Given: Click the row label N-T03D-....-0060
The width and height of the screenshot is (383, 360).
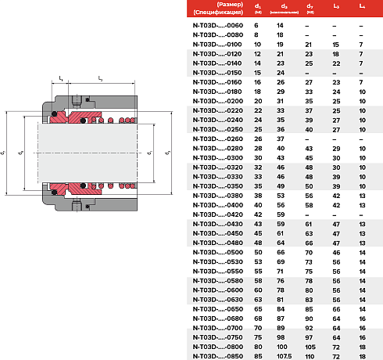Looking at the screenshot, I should pos(217,26).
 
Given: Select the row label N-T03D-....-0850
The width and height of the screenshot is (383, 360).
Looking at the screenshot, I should pos(217,355).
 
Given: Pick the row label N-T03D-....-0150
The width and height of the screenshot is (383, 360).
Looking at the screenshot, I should pos(217,72).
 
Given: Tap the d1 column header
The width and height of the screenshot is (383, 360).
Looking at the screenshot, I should pos(258,8).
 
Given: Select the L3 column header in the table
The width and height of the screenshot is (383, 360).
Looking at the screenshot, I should pos(336,7).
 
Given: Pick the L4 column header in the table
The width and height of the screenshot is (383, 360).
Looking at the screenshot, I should pos(361,7).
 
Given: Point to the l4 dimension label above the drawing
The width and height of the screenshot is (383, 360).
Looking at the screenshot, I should pos(61,77).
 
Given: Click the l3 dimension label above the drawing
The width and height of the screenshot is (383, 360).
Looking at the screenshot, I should pos(100,77).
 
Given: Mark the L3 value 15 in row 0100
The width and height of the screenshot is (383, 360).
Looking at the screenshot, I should pos(336,45).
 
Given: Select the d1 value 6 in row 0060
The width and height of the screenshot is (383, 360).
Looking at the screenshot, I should pos(258,26).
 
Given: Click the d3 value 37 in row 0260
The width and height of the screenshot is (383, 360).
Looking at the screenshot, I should pos(280,139).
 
